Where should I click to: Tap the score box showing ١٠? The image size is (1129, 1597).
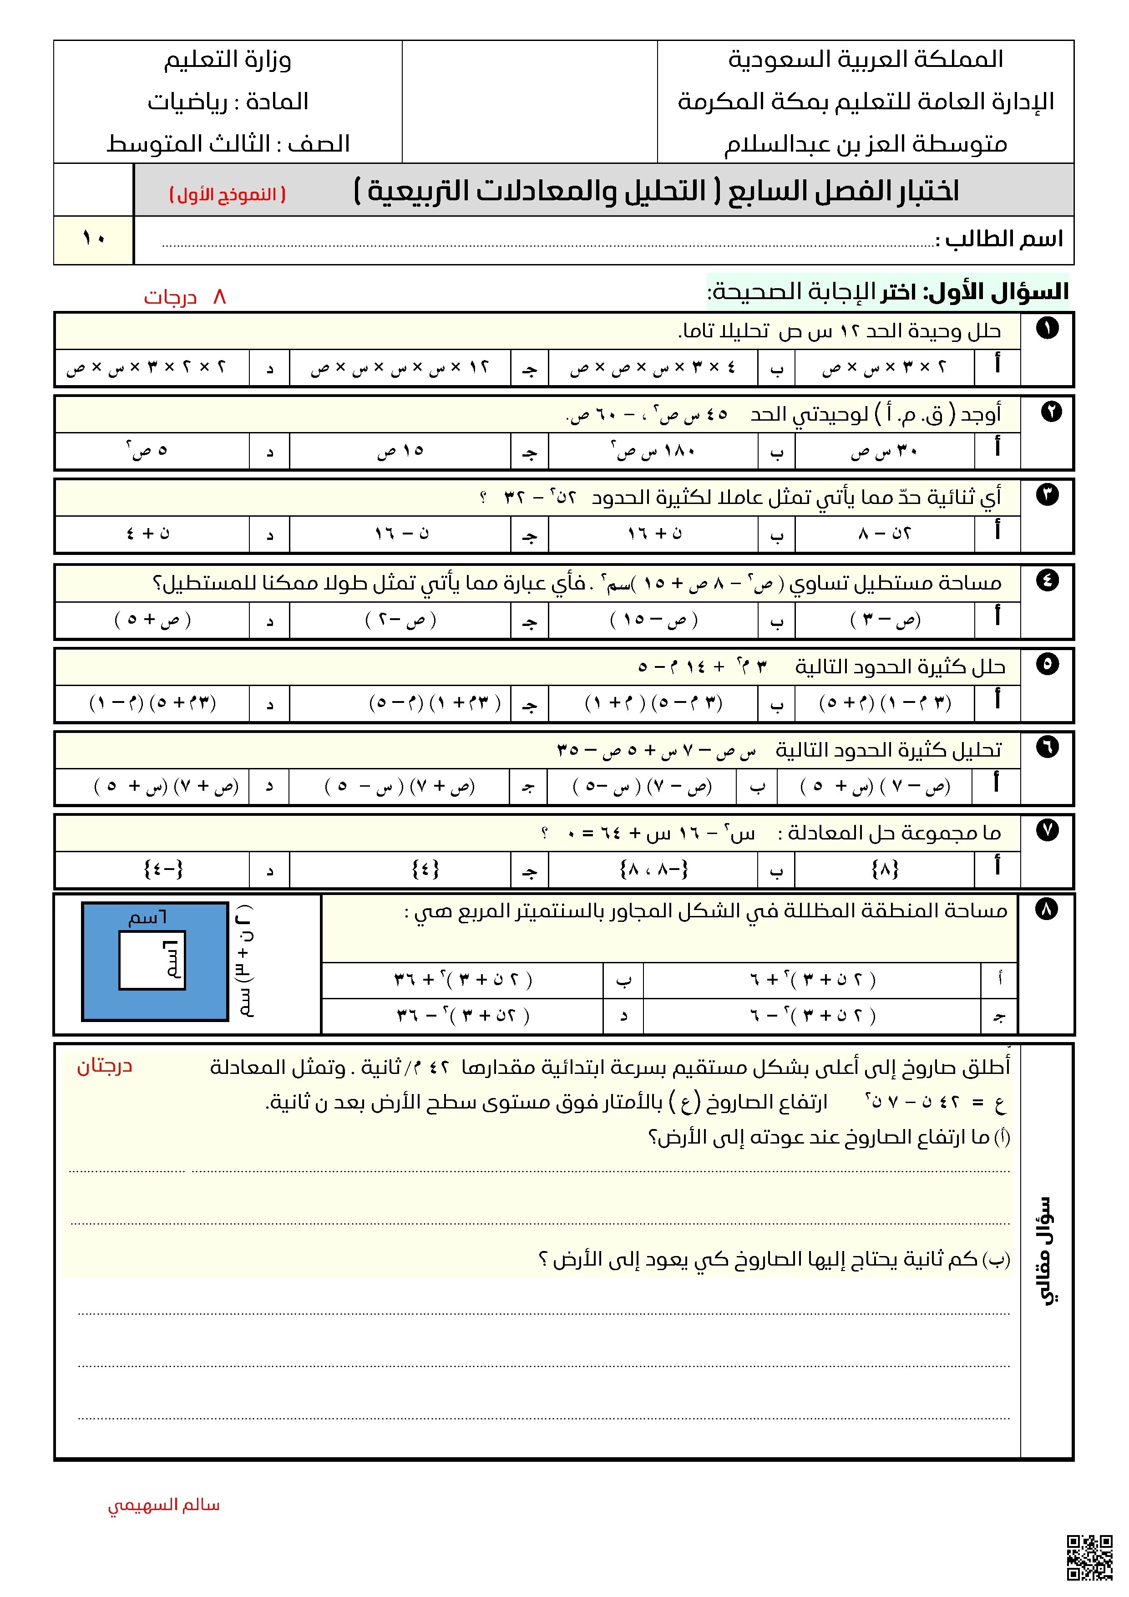93,239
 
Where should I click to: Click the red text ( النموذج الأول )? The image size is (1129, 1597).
228,194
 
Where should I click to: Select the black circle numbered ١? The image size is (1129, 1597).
1047,328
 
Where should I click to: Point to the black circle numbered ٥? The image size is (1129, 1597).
1047,664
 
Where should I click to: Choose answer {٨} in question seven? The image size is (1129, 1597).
884,869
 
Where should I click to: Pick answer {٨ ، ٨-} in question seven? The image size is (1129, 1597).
653,869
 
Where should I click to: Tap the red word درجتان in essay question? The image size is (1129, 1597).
104,1066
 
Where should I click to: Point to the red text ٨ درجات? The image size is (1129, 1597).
185,297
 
